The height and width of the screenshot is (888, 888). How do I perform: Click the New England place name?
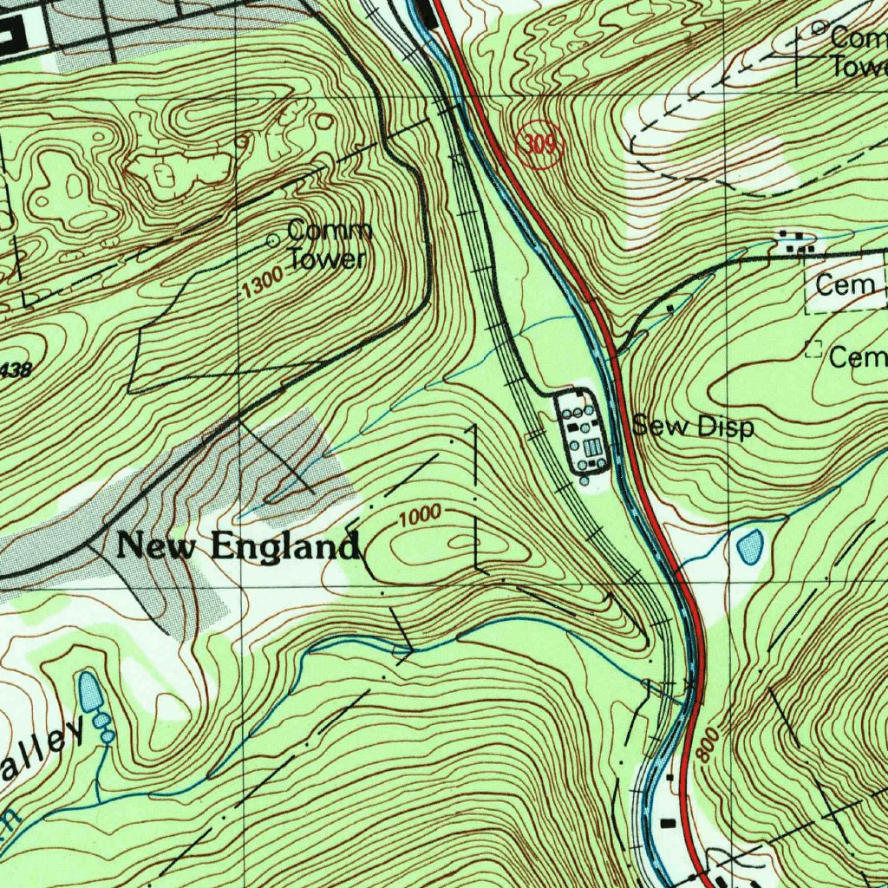[x=238, y=547]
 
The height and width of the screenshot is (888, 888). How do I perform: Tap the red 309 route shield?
[x=540, y=145]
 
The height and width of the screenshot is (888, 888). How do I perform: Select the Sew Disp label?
[x=693, y=427]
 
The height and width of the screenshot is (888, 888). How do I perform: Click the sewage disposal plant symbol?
[x=584, y=431]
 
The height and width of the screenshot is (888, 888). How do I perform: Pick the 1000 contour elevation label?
[x=421, y=517]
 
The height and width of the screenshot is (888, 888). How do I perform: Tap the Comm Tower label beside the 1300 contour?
[x=328, y=245]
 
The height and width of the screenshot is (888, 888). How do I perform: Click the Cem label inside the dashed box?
[x=844, y=285]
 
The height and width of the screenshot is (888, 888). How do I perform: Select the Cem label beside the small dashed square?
[x=858, y=356]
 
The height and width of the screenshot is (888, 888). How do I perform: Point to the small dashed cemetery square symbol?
[x=813, y=349]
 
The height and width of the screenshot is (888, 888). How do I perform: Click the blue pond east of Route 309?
[x=749, y=545]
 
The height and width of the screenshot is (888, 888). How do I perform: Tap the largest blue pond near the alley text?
[x=89, y=691]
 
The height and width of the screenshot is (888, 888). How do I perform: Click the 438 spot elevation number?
[x=16, y=369]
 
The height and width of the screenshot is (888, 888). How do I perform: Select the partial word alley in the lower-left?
[x=43, y=754]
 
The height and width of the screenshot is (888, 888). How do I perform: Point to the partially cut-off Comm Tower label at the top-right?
[x=858, y=52]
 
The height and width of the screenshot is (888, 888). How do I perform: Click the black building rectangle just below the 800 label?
[x=668, y=820]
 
